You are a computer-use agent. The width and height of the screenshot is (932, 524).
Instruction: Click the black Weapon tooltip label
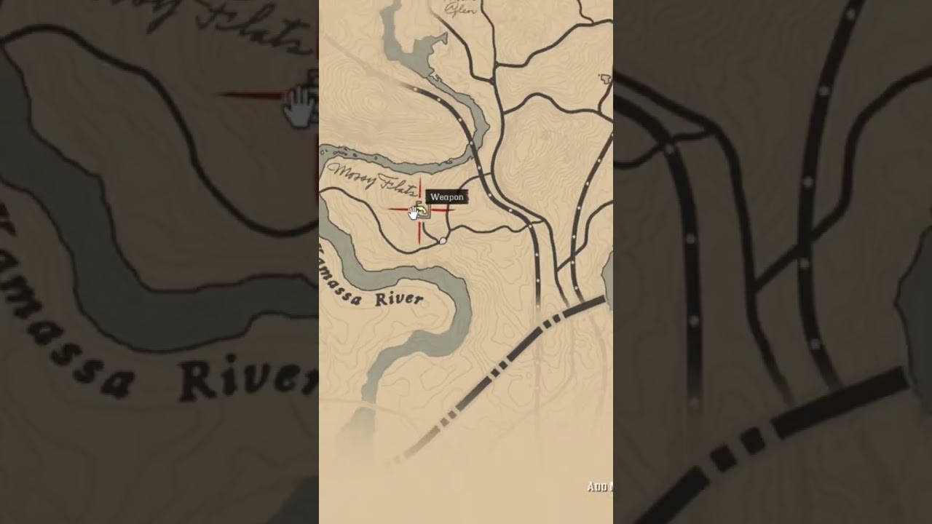[x=446, y=197]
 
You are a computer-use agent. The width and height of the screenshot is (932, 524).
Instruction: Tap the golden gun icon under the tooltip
[x=423, y=210]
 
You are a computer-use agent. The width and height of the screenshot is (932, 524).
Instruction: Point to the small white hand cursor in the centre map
[x=414, y=212]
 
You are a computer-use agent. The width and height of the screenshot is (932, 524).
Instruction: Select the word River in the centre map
[x=398, y=299]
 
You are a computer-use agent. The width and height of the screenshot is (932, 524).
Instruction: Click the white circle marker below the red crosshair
[x=443, y=240]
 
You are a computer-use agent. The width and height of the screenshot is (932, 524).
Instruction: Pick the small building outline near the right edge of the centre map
[x=604, y=78]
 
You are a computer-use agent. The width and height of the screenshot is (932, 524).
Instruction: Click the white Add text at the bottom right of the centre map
[x=599, y=487]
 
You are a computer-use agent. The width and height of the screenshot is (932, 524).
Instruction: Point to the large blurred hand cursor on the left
[x=298, y=107]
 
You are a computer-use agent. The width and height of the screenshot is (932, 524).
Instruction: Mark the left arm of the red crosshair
[x=398, y=210]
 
